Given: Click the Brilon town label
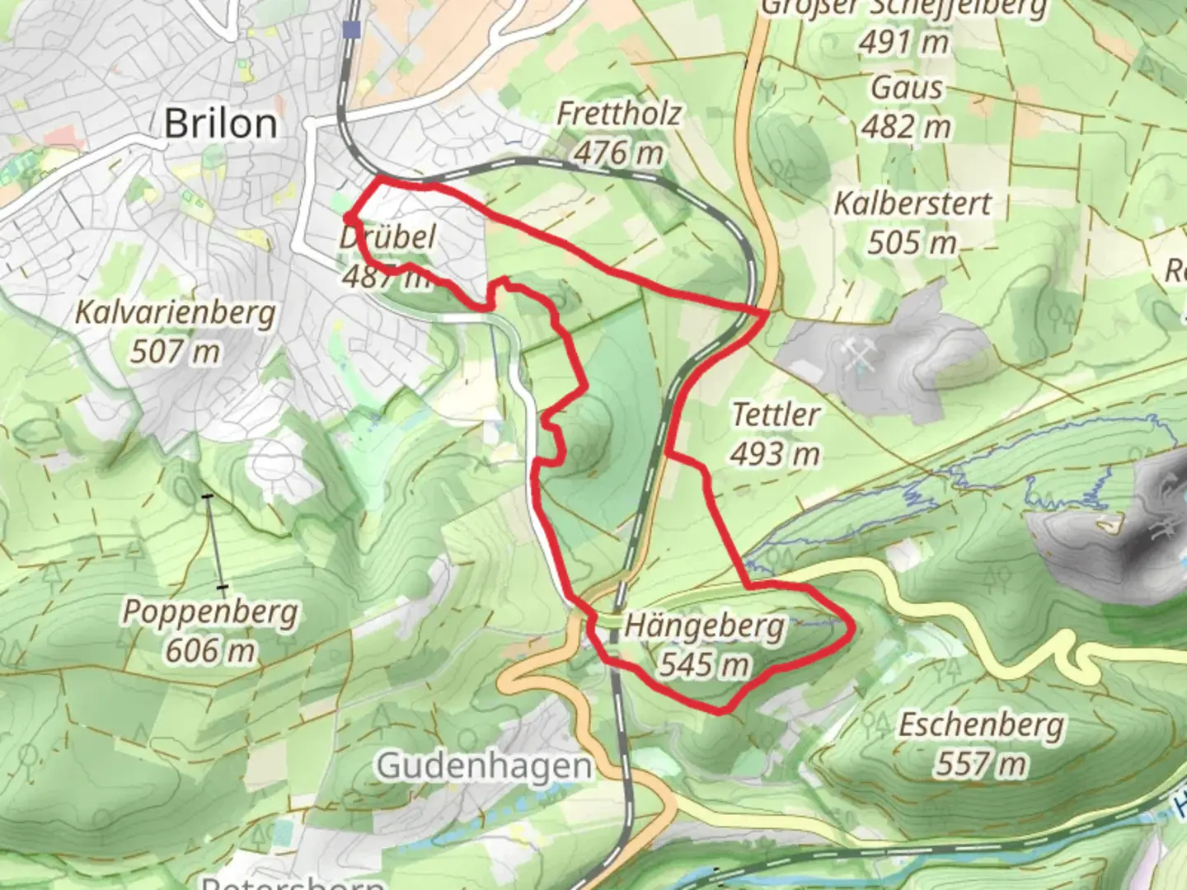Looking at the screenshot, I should pos(220,124).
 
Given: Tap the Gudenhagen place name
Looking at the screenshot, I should pos(484,766).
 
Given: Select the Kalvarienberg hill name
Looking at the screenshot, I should pos(175,314).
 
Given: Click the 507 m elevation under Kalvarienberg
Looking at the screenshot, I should pos(175,352).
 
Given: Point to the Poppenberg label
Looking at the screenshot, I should pos(210,612).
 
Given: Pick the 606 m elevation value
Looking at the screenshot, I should pos(210,650).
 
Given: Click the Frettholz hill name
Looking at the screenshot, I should pos(618,114).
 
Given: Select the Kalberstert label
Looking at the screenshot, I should pos(913,204).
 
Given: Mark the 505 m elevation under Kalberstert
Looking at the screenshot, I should pos(913,242).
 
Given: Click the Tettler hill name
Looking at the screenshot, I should pos(775,415).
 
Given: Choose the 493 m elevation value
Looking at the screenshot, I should pos(775,453).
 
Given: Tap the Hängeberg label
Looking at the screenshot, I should pos(705,625).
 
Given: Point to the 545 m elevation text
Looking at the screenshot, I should pos(705,663).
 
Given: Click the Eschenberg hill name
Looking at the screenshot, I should pos(981,725).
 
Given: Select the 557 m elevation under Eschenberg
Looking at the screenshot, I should pos(981,764).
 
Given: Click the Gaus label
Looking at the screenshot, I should pos(907,88).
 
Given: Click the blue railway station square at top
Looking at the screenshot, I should pos(353,30).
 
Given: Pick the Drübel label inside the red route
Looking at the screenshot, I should pos(387,238).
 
